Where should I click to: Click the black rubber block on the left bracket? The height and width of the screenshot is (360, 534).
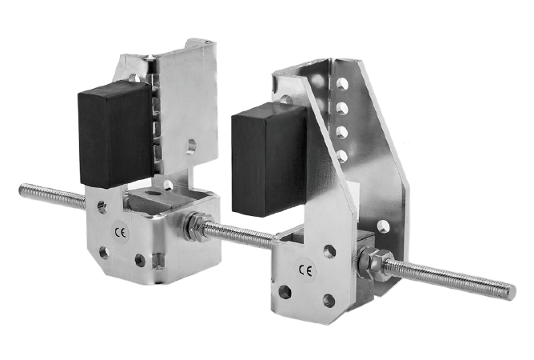[115, 134]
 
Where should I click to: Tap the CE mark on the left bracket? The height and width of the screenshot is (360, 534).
[120, 233]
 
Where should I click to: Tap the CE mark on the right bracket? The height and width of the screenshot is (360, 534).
[305, 270]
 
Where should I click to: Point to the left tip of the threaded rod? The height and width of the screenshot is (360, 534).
[21, 188]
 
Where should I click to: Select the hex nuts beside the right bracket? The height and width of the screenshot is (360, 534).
[375, 262]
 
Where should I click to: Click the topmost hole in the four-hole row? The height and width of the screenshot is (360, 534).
[342, 84]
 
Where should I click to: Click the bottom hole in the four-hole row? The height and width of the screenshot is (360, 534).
[341, 156]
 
